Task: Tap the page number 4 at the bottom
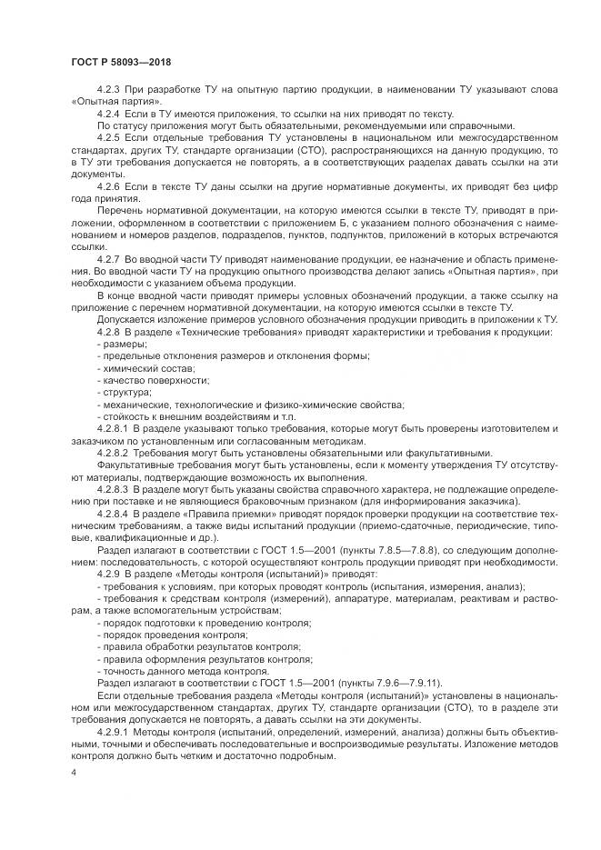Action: pos(73,772)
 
